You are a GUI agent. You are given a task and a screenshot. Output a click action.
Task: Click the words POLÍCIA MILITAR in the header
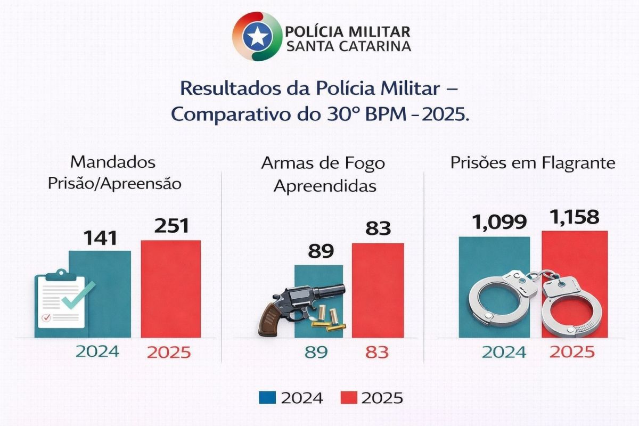tap(348, 30)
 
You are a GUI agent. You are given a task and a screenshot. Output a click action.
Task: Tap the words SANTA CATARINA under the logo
tap(348, 46)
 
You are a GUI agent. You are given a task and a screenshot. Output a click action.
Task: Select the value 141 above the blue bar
tap(100, 237)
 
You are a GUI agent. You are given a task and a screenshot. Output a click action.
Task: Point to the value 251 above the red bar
tap(171, 226)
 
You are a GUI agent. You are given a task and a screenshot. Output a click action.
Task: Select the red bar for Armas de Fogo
tap(378, 290)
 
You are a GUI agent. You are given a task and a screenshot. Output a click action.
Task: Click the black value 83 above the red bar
tap(378, 229)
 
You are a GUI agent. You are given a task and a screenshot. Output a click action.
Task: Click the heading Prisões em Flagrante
tap(532, 163)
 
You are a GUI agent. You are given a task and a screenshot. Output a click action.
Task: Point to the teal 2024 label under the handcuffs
tap(504, 352)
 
